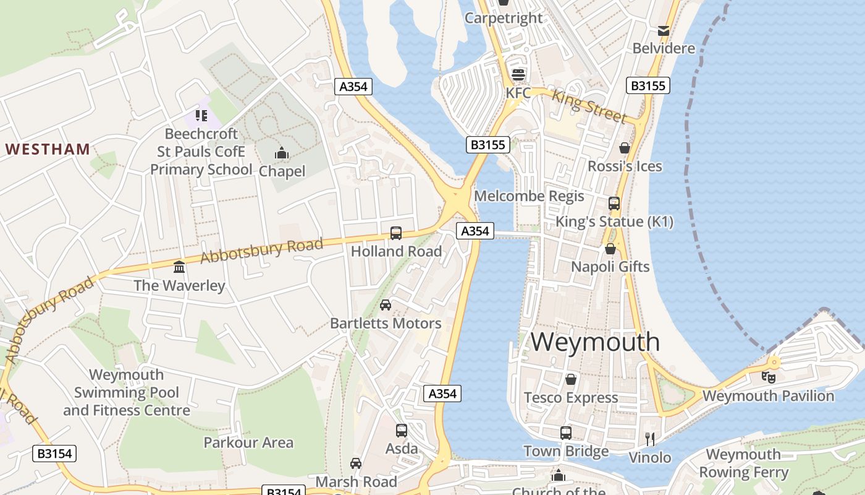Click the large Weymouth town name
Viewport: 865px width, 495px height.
(x=595, y=342)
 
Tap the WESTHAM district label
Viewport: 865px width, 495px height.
(x=48, y=149)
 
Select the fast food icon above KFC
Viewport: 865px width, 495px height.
(x=518, y=75)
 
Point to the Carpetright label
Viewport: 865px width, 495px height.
(x=504, y=18)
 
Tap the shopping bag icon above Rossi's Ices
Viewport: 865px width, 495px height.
(x=625, y=148)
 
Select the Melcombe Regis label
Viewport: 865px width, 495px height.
(x=529, y=196)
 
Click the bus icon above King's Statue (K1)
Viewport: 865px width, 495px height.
(x=614, y=203)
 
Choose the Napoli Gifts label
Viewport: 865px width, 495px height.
(x=610, y=267)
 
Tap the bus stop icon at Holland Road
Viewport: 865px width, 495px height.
(x=396, y=233)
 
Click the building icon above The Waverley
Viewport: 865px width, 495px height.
(x=179, y=267)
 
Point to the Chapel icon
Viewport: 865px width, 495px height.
(x=282, y=153)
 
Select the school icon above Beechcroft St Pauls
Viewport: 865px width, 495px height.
(x=201, y=115)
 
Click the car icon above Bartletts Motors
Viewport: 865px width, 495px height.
(x=386, y=304)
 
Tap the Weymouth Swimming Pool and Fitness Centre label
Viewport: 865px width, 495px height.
(x=127, y=392)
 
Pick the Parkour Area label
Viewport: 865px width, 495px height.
(x=248, y=442)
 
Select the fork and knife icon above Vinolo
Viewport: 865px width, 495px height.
(x=650, y=439)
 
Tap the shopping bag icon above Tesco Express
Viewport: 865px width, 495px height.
(x=571, y=379)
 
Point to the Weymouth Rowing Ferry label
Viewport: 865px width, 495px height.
(x=743, y=463)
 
